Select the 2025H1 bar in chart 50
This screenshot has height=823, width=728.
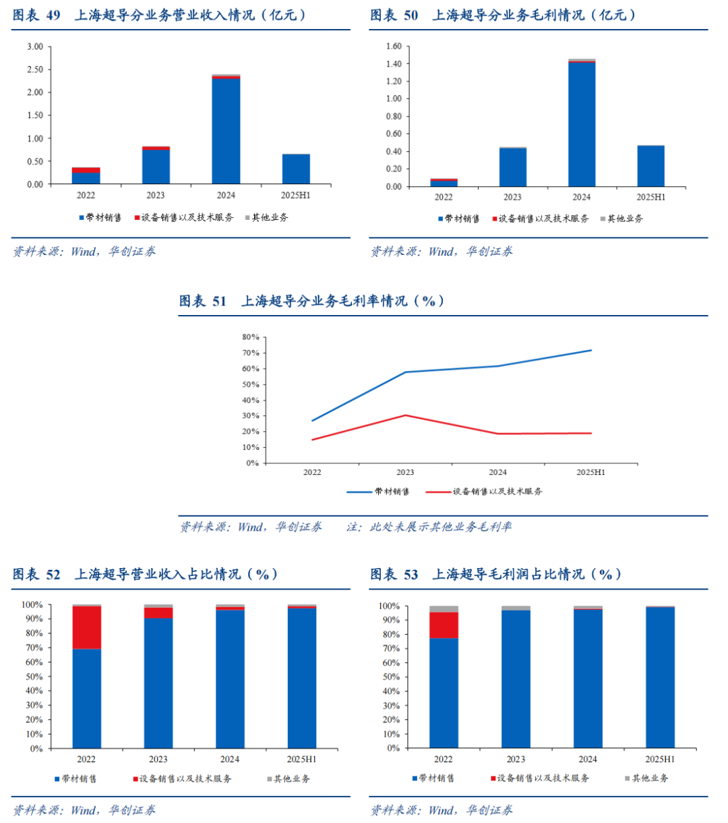pyautogui.click(x=650, y=166)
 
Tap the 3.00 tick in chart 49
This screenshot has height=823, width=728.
pyautogui.click(x=34, y=47)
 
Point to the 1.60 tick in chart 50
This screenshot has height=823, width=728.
pyautogui.click(x=393, y=47)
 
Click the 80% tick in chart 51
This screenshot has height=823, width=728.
pyautogui.click(x=250, y=337)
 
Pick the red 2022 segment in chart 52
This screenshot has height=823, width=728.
pyautogui.click(x=86, y=627)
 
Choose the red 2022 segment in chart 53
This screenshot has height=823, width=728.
pyautogui.click(x=444, y=625)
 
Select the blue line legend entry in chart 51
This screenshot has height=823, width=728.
pyautogui.click(x=378, y=492)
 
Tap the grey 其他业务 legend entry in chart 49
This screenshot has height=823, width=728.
pyautogui.click(x=270, y=218)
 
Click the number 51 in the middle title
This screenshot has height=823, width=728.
pyautogui.click(x=220, y=302)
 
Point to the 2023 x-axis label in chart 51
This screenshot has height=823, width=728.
pyautogui.click(x=405, y=473)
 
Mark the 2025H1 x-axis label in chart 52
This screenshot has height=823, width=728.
pyautogui.click(x=301, y=760)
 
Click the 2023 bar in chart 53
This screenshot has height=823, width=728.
pyautogui.click(x=516, y=678)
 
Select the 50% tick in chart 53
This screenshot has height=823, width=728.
pyautogui.click(x=392, y=677)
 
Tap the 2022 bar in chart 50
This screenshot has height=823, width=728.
pyautogui.click(x=444, y=183)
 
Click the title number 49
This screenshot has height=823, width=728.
pyautogui.click(x=53, y=16)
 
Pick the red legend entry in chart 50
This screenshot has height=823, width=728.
pyautogui.click(x=539, y=219)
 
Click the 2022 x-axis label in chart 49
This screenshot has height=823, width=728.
pyautogui.click(x=86, y=196)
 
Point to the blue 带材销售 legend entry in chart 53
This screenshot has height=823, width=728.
pyautogui.click(x=432, y=778)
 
